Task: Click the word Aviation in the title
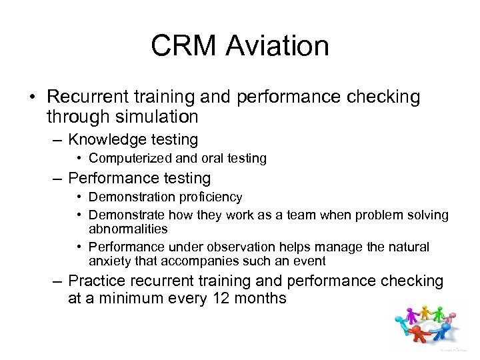click(277, 47)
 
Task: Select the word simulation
click(156, 117)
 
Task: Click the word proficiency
click(208, 197)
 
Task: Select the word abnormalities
click(128, 229)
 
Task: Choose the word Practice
click(99, 281)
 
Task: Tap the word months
click(261, 299)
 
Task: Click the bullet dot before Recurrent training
click(31, 98)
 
